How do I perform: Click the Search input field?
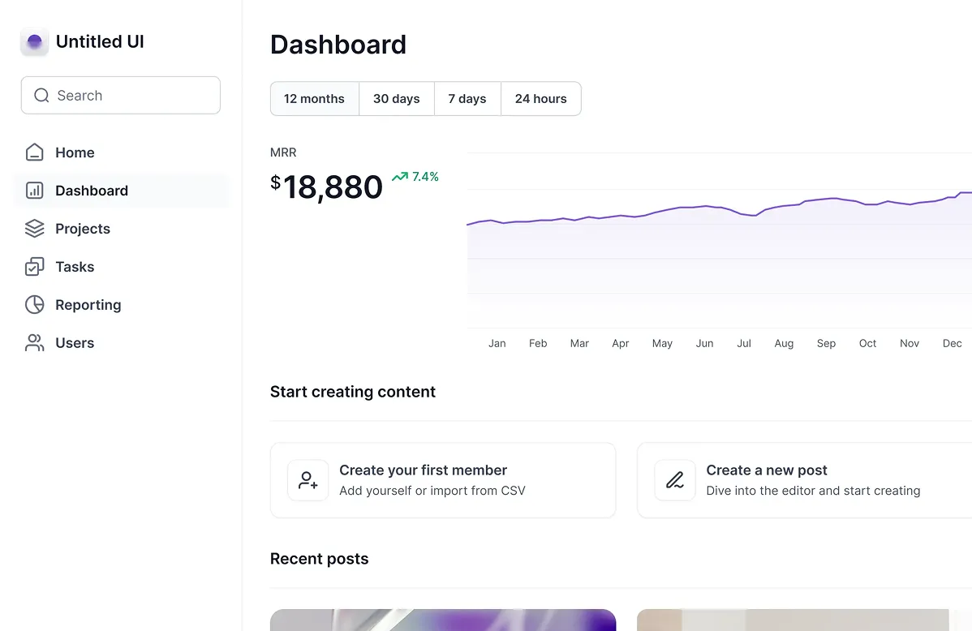tap(121, 96)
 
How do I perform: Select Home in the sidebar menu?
tap(75, 152)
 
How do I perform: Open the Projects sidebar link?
tap(83, 229)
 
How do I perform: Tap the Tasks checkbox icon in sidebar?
tap(35, 267)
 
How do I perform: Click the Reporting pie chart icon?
tap(35, 305)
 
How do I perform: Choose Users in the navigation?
tap(75, 343)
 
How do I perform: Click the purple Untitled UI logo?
tap(34, 41)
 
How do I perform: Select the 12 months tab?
tap(314, 99)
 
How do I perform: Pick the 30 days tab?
tap(397, 99)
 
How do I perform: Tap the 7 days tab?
tap(467, 99)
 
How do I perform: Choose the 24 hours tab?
tap(541, 99)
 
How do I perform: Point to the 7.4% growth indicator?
tap(415, 177)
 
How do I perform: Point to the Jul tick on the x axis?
tap(744, 343)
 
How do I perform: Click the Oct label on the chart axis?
tap(868, 343)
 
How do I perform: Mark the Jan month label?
tap(497, 343)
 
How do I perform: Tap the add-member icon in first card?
tap(308, 480)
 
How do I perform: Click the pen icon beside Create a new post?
tap(675, 480)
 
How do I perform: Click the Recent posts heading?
tap(319, 559)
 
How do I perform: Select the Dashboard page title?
tap(338, 45)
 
